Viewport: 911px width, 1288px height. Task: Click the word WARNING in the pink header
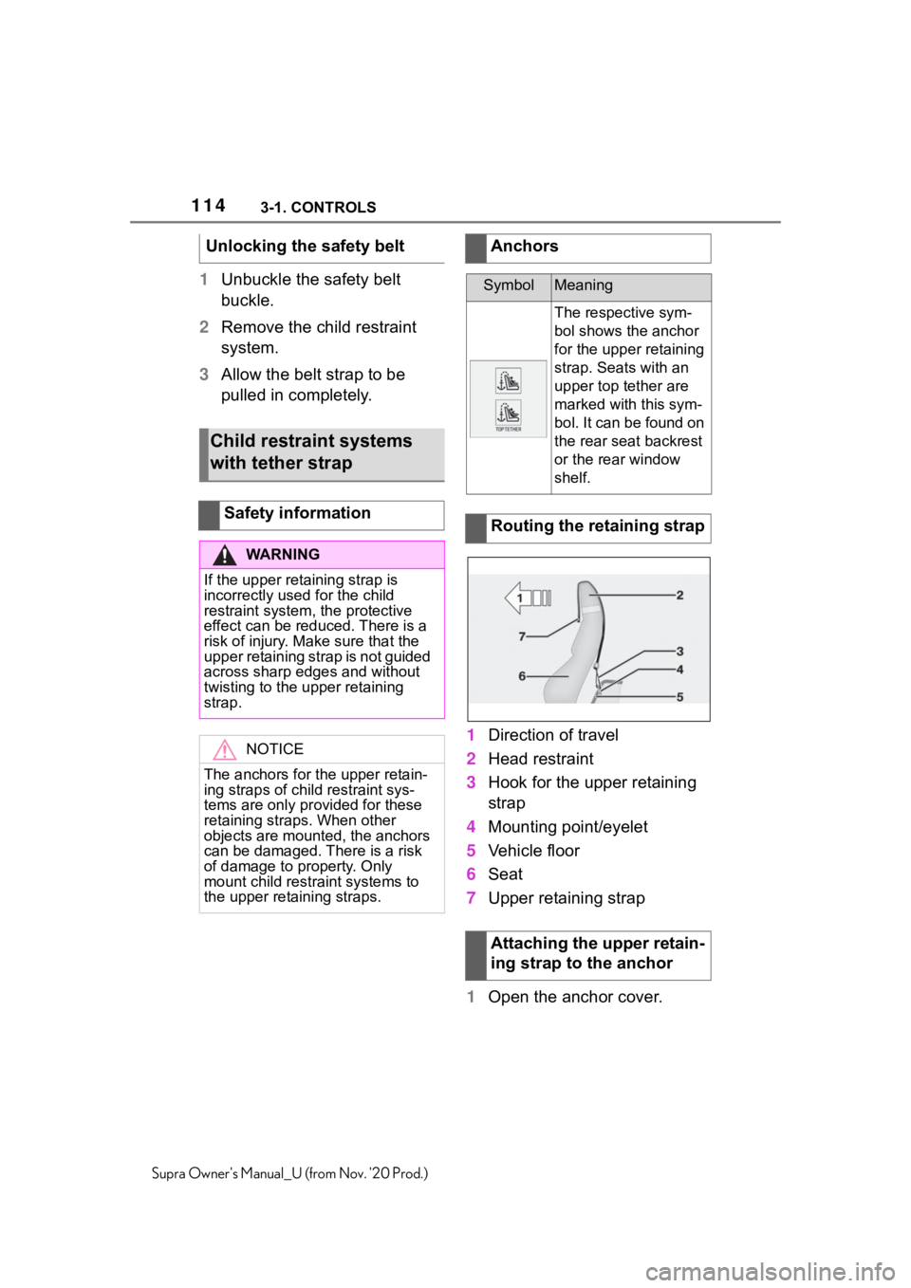click(282, 555)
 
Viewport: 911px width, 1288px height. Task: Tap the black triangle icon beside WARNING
click(224, 555)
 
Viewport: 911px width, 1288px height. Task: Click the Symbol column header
click(509, 285)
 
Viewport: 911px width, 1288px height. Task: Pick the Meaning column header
click(584, 285)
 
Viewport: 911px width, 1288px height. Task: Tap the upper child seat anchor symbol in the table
click(509, 380)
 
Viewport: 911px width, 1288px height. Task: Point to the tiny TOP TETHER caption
click(509, 429)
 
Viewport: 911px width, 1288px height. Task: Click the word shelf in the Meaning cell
click(572, 478)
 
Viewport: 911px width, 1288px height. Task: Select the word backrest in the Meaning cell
click(676, 441)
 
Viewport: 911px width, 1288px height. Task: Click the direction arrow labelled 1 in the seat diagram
click(528, 598)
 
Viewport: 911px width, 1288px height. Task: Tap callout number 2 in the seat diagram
click(680, 596)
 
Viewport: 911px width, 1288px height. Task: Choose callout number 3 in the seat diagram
click(680, 652)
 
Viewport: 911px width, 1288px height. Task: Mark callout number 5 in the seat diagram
click(680, 697)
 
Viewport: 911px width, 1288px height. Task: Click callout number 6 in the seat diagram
click(522, 676)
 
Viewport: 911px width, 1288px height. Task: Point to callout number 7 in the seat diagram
click(522, 636)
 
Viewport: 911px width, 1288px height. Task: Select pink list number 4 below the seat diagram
click(472, 827)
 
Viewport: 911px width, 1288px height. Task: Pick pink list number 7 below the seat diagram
click(472, 897)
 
